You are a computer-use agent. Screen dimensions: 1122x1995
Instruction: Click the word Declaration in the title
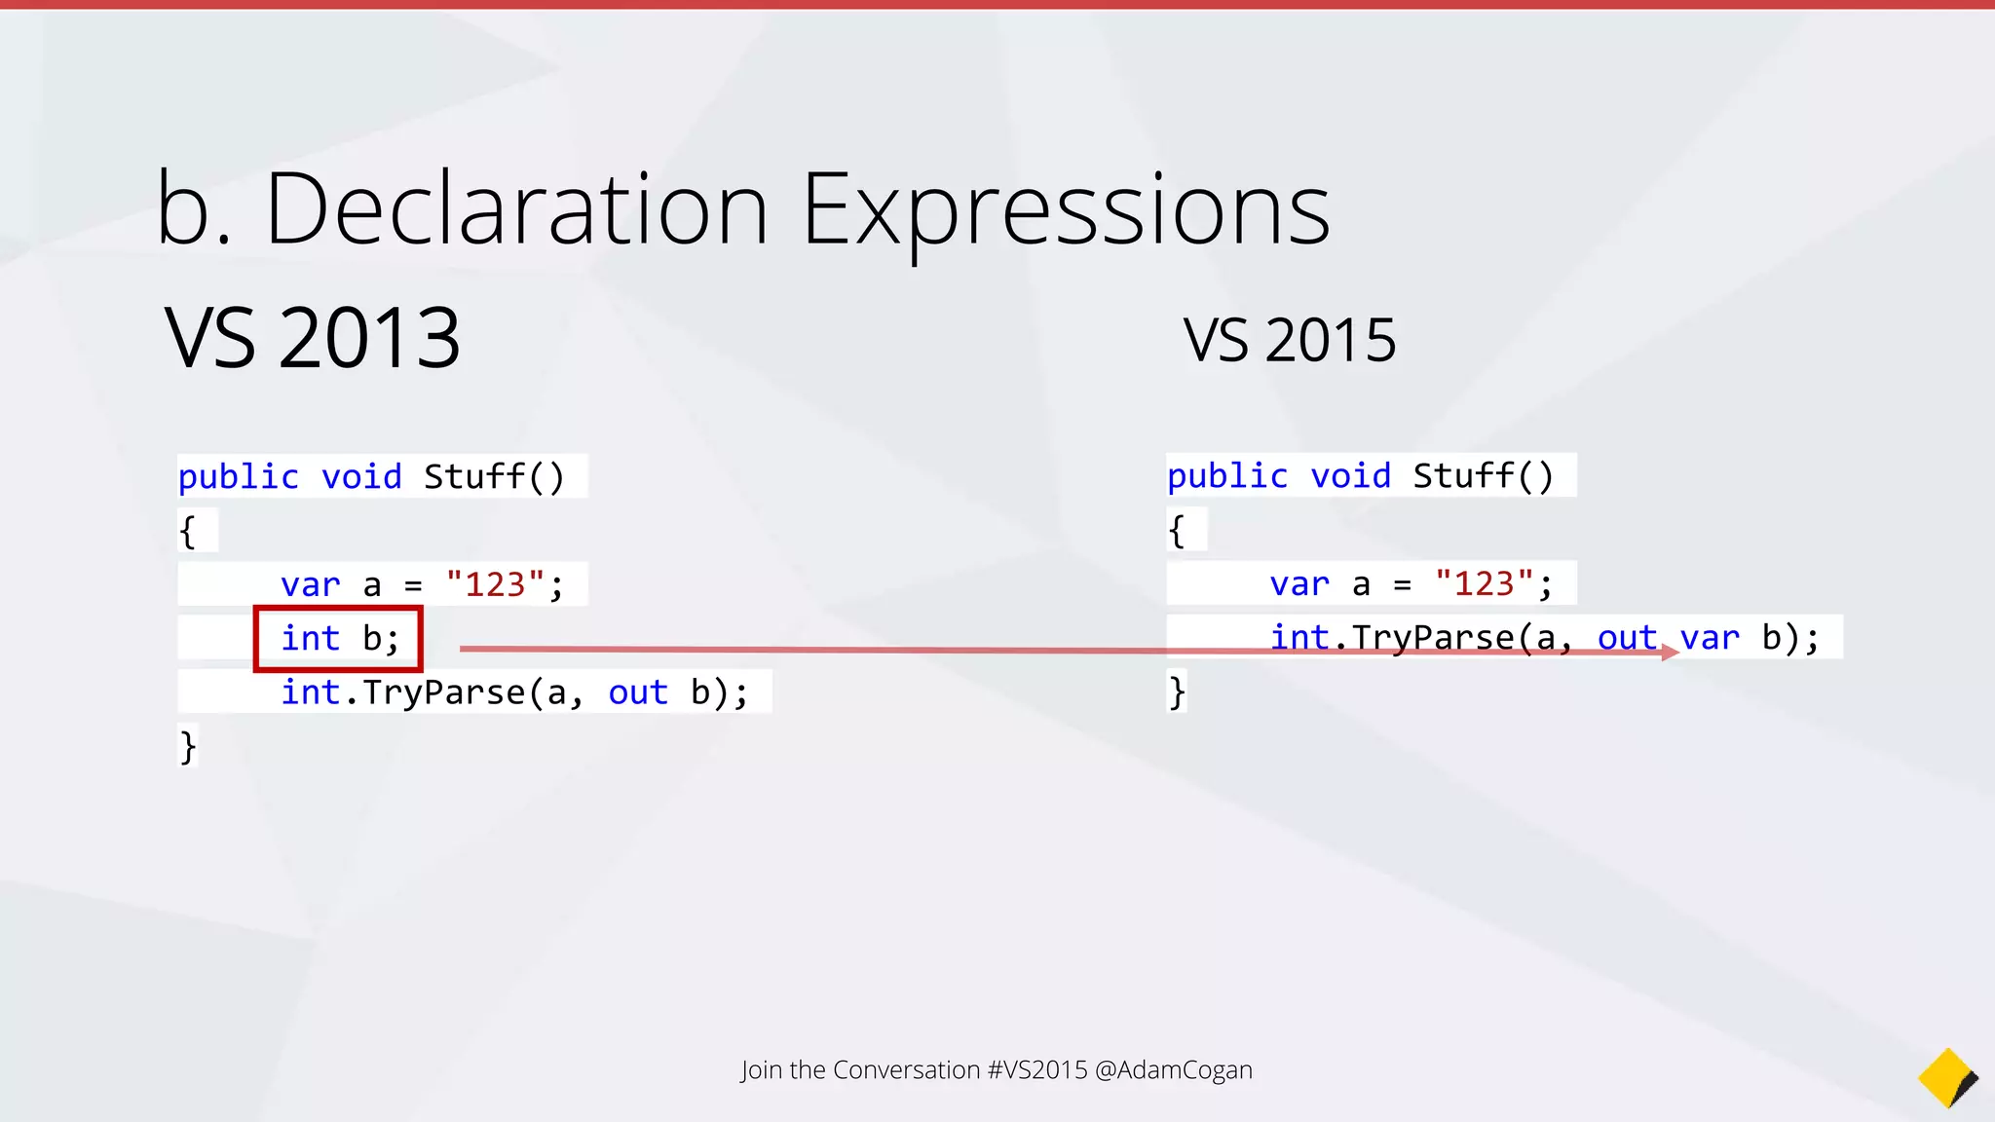(x=516, y=209)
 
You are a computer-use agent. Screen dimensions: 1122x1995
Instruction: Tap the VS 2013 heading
(x=312, y=338)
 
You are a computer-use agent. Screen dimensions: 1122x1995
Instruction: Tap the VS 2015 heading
(x=1289, y=341)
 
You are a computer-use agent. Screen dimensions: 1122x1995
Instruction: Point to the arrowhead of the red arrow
(x=1670, y=653)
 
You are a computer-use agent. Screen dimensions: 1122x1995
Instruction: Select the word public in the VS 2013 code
(x=238, y=477)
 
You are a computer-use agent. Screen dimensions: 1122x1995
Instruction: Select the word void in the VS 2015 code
(x=1350, y=476)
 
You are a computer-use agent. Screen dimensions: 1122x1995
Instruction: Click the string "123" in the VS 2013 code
(x=495, y=584)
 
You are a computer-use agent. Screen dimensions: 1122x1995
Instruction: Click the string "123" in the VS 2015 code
(x=1484, y=583)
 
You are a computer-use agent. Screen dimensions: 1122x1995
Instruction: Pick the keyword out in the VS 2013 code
(x=638, y=692)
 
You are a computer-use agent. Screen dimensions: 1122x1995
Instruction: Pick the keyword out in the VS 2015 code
(x=1626, y=638)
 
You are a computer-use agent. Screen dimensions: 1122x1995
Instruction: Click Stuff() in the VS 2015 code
(x=1483, y=476)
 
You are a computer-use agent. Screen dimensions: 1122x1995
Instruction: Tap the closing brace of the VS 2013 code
(x=188, y=747)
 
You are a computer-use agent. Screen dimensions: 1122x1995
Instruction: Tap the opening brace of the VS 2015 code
(x=1177, y=531)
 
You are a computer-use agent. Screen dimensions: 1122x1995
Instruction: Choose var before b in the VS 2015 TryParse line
(x=1710, y=638)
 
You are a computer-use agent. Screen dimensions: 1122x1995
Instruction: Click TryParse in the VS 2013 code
(x=443, y=692)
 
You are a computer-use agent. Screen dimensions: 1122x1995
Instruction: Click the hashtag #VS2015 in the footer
(x=1037, y=1069)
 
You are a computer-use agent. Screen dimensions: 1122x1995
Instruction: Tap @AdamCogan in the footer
(x=1174, y=1069)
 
